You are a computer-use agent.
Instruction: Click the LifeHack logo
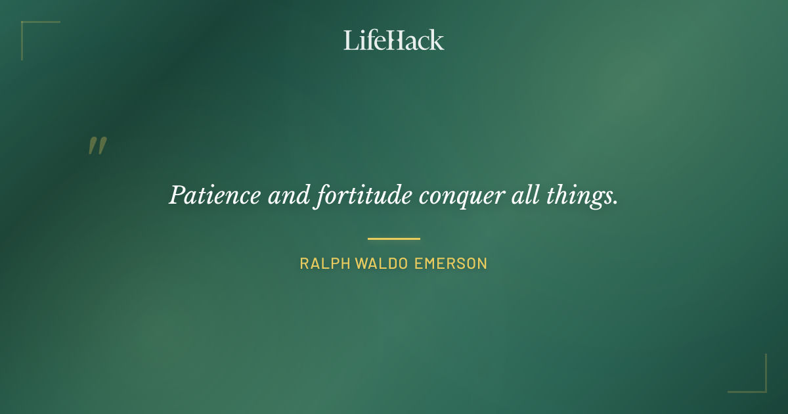(x=394, y=40)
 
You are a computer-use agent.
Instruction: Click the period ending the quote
(x=615, y=203)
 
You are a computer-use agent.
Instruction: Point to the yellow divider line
(x=394, y=239)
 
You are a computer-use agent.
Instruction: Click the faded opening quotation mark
(x=97, y=146)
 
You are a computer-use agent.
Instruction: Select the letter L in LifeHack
(x=351, y=40)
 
